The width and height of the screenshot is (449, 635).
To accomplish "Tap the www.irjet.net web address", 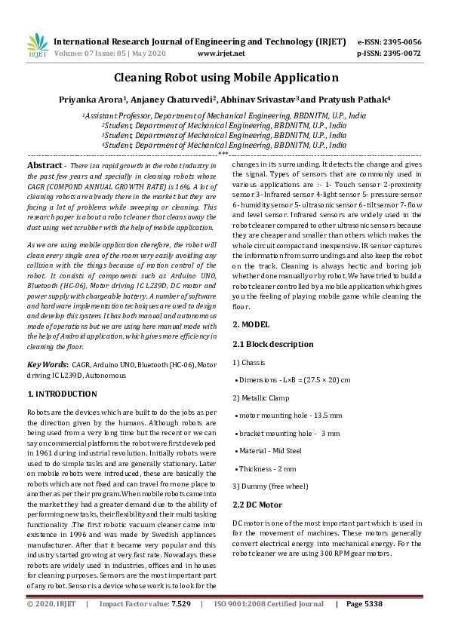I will click(221, 54).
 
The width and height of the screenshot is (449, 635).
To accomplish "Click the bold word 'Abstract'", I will click(45, 165).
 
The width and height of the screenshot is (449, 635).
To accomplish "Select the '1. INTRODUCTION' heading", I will click(62, 394).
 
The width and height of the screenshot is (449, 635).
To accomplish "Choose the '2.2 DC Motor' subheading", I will click(257, 505).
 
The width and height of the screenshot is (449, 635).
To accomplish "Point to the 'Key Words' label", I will click(47, 364).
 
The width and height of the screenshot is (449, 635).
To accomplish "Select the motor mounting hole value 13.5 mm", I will click(327, 415).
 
